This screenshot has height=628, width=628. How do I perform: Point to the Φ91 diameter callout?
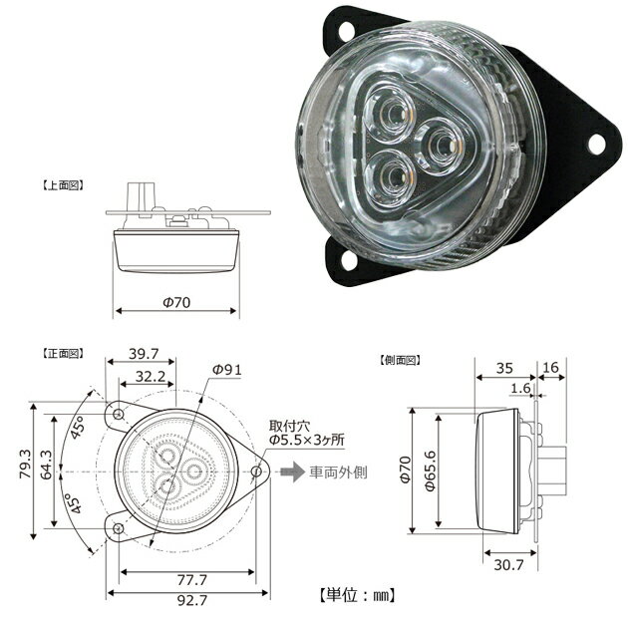[x=227, y=369]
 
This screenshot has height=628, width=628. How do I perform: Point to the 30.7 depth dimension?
[x=508, y=565]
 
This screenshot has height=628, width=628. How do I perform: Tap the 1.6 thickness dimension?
[x=518, y=389]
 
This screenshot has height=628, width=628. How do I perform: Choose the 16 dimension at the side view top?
[x=550, y=367]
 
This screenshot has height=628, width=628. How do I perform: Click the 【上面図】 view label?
[x=63, y=185]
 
